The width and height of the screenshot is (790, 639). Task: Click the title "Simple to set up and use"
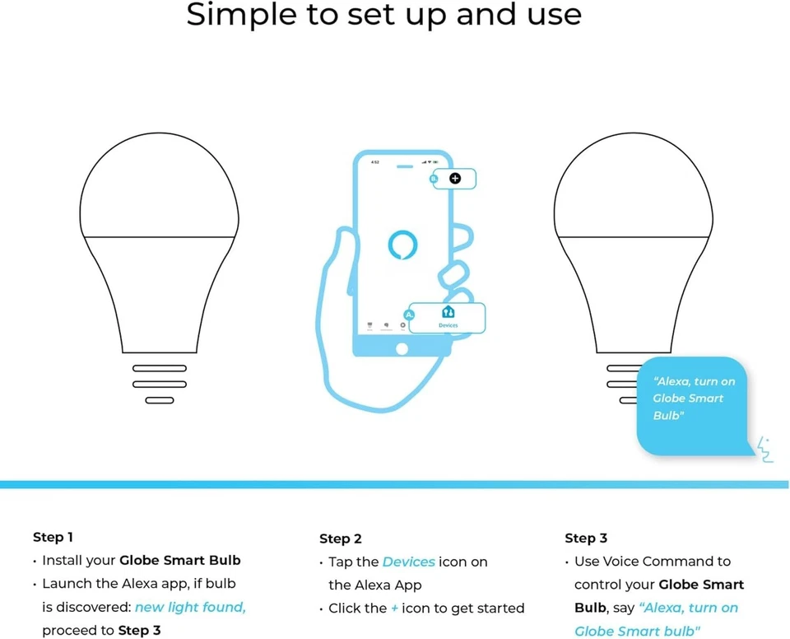(383, 16)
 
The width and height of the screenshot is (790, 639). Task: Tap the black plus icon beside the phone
(454, 178)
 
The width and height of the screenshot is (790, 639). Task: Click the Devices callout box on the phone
(448, 317)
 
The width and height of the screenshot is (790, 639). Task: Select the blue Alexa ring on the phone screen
(402, 245)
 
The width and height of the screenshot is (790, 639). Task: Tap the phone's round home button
(402, 348)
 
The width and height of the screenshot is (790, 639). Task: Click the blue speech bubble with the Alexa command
(694, 403)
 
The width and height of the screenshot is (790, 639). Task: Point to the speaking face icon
(764, 450)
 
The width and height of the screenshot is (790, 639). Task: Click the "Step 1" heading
(53, 537)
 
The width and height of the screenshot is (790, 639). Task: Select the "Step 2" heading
(341, 539)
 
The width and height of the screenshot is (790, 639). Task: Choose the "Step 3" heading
(586, 538)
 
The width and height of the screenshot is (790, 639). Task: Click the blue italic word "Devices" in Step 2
(408, 562)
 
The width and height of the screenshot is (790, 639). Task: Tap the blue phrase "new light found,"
(190, 607)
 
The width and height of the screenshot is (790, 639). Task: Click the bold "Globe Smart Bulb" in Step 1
(180, 560)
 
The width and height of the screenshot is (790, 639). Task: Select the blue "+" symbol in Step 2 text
(394, 608)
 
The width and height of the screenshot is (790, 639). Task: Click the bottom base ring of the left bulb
(160, 400)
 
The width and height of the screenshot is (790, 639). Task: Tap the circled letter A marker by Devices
(409, 315)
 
